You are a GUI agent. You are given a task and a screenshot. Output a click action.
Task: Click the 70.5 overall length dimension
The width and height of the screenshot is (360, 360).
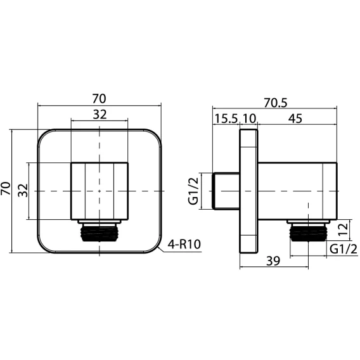point(275,103)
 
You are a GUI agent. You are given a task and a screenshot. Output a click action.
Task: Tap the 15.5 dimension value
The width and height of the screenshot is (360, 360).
point(226,119)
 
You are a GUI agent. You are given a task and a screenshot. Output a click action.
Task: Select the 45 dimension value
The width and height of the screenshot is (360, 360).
point(295,119)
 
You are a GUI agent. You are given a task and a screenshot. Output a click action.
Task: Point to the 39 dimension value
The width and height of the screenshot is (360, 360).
point(273,261)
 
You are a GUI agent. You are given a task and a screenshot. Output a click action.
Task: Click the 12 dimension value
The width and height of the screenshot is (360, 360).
point(344,229)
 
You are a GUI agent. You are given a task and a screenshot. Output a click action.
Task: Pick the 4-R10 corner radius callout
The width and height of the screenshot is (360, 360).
point(184,244)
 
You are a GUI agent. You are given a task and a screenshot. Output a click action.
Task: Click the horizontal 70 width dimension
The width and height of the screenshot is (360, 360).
point(99,98)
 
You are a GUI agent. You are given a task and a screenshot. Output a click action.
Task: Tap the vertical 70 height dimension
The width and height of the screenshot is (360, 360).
point(6,188)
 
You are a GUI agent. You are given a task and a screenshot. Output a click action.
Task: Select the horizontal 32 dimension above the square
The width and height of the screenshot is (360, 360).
point(100,115)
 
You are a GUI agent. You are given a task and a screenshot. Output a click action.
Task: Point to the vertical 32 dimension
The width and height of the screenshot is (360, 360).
point(23,190)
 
